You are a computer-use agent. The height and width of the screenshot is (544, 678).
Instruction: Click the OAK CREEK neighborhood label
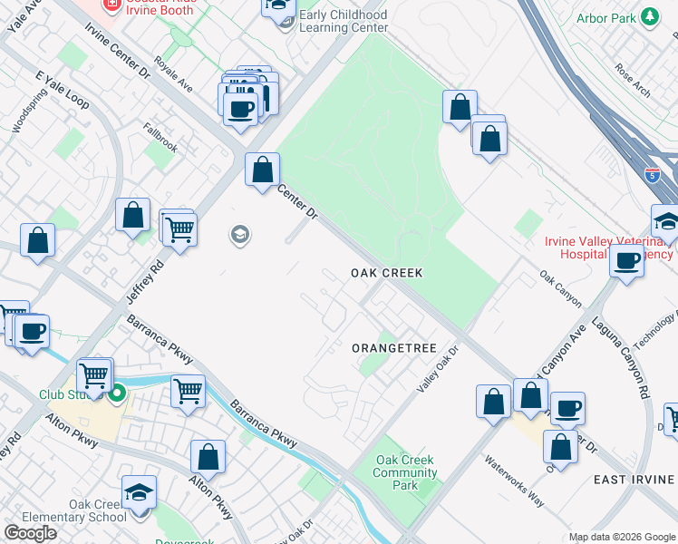pos(387,273)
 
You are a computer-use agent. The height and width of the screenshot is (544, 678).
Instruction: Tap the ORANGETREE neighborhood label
pos(394,348)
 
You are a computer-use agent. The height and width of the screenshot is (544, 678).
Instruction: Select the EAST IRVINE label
pos(631,479)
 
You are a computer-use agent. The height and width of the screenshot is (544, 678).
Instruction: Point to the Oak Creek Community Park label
pos(405,472)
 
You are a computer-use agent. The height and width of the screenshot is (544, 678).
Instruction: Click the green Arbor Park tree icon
pos(649,16)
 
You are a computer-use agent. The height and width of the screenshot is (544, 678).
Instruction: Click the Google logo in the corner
pos(30,533)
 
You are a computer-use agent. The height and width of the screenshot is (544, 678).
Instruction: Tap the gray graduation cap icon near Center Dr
pos(240,236)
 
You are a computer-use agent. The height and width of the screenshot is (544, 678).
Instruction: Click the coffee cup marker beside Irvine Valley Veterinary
pos(626,261)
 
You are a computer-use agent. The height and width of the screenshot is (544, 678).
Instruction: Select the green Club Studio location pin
pos(116,394)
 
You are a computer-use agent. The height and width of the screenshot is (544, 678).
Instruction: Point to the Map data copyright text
pos(622,537)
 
